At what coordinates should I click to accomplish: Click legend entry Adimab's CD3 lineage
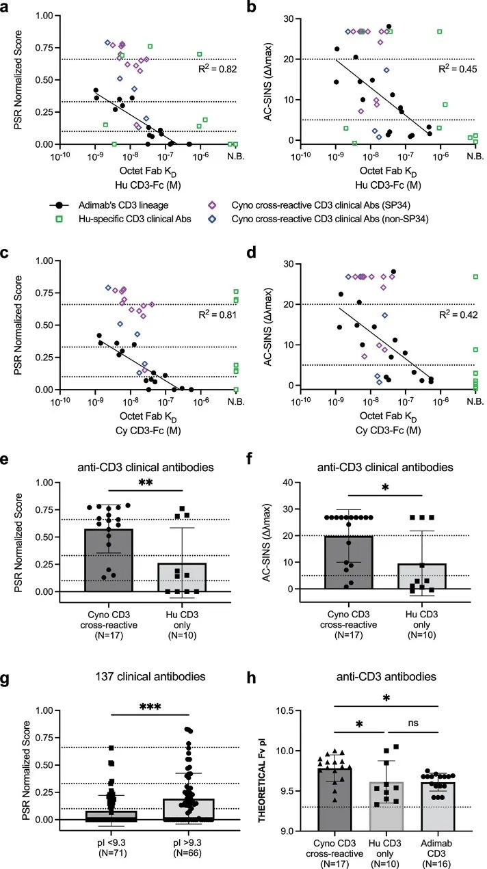(103, 204)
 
